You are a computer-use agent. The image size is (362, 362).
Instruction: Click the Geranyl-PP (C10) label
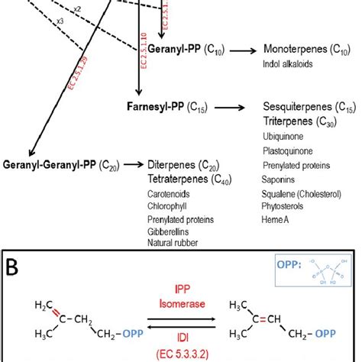click(x=189, y=49)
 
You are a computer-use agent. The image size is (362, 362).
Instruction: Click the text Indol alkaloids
click(x=286, y=63)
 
